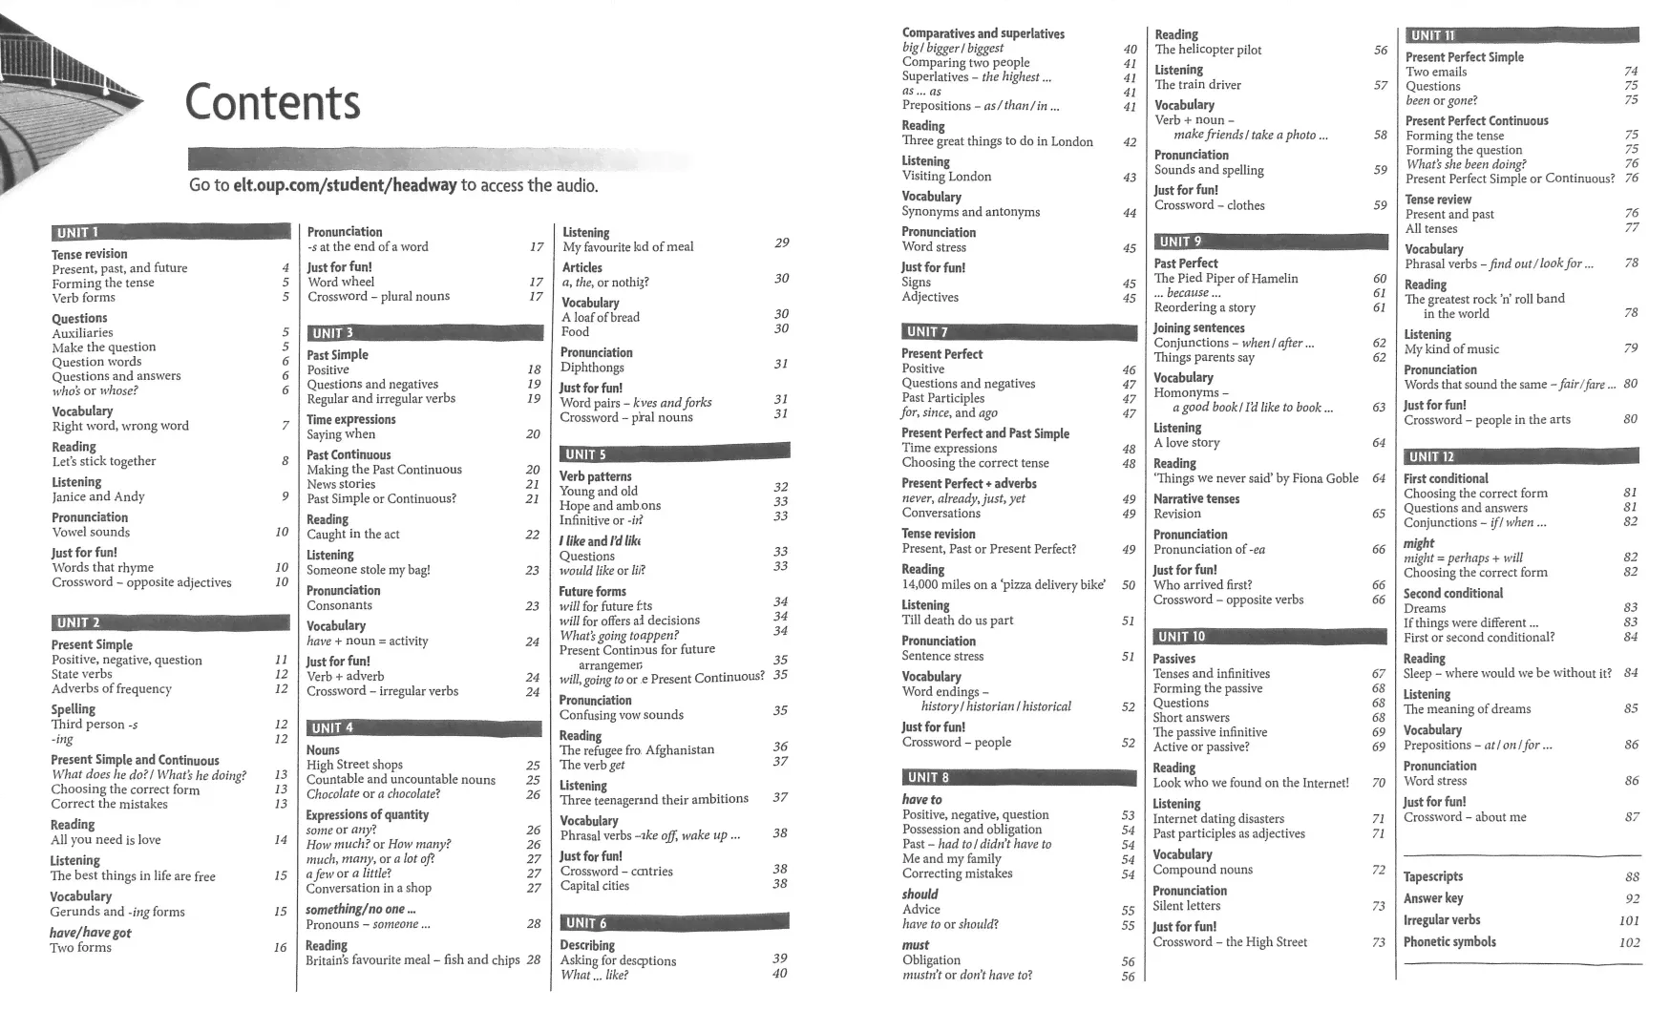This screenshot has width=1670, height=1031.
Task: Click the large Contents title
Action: click(272, 102)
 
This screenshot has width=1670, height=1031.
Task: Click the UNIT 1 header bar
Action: click(170, 232)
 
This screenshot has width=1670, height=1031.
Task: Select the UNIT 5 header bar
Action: click(674, 454)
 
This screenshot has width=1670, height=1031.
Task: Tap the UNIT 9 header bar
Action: click(1270, 242)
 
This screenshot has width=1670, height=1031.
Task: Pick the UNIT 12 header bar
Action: click(1521, 456)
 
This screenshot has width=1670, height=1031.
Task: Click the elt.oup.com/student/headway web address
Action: click(345, 185)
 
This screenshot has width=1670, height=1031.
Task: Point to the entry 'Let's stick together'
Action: click(103, 461)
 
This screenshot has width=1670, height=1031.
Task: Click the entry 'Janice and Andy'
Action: click(98, 496)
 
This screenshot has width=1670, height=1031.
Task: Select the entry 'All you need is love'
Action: click(105, 840)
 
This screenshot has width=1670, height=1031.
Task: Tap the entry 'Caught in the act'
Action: click(352, 535)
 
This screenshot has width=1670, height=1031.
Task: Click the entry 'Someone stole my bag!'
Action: click(368, 570)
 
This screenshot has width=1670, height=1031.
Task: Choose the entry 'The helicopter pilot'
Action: click(1208, 50)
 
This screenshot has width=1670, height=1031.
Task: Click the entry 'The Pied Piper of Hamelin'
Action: click(1226, 279)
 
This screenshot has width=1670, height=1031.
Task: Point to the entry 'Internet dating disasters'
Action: click(1217, 819)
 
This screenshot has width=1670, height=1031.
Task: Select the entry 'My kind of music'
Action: click(1451, 349)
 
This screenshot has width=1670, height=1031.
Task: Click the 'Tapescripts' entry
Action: click(1432, 876)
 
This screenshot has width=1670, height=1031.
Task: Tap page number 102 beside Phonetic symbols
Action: click(1629, 942)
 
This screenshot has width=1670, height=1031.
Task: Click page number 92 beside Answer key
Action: click(1632, 898)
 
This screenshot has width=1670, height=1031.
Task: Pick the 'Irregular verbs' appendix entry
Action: click(1442, 920)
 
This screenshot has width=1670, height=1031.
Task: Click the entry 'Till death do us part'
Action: click(957, 621)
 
